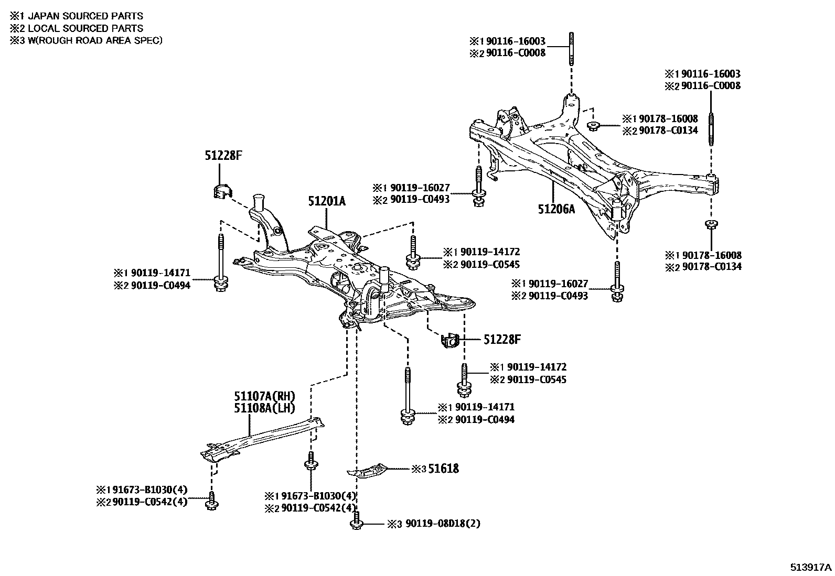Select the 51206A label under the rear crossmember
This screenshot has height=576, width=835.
coord(556,209)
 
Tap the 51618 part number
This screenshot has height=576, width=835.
coord(443,468)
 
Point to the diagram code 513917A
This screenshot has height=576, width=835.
coord(811,567)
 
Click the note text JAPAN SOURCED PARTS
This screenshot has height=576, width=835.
coord(85,16)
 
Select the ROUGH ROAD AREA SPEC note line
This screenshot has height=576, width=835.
coord(94,40)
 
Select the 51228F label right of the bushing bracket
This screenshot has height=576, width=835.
coord(501,340)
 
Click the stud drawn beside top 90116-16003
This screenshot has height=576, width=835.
coord(570,48)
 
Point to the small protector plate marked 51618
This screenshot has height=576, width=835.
coord(369,470)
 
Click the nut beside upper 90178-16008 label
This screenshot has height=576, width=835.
coord(594,125)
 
